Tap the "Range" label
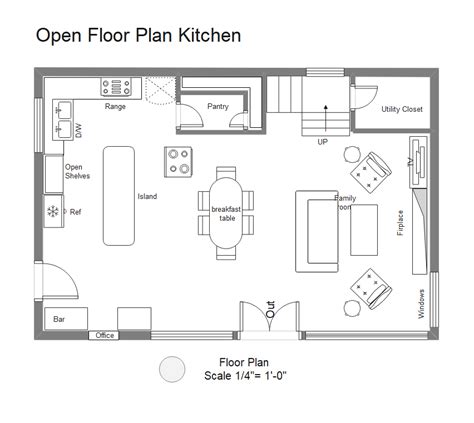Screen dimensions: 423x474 tap(115, 105)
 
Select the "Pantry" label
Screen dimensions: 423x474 tap(218, 105)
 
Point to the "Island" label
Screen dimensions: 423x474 tap(147, 196)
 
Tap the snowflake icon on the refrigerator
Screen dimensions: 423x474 tap(52, 211)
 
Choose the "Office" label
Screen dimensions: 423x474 tap(104, 336)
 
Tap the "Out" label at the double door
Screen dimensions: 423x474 tap(271, 312)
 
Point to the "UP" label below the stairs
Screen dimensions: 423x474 tap(323, 142)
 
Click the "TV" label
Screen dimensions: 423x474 tap(411, 161)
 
